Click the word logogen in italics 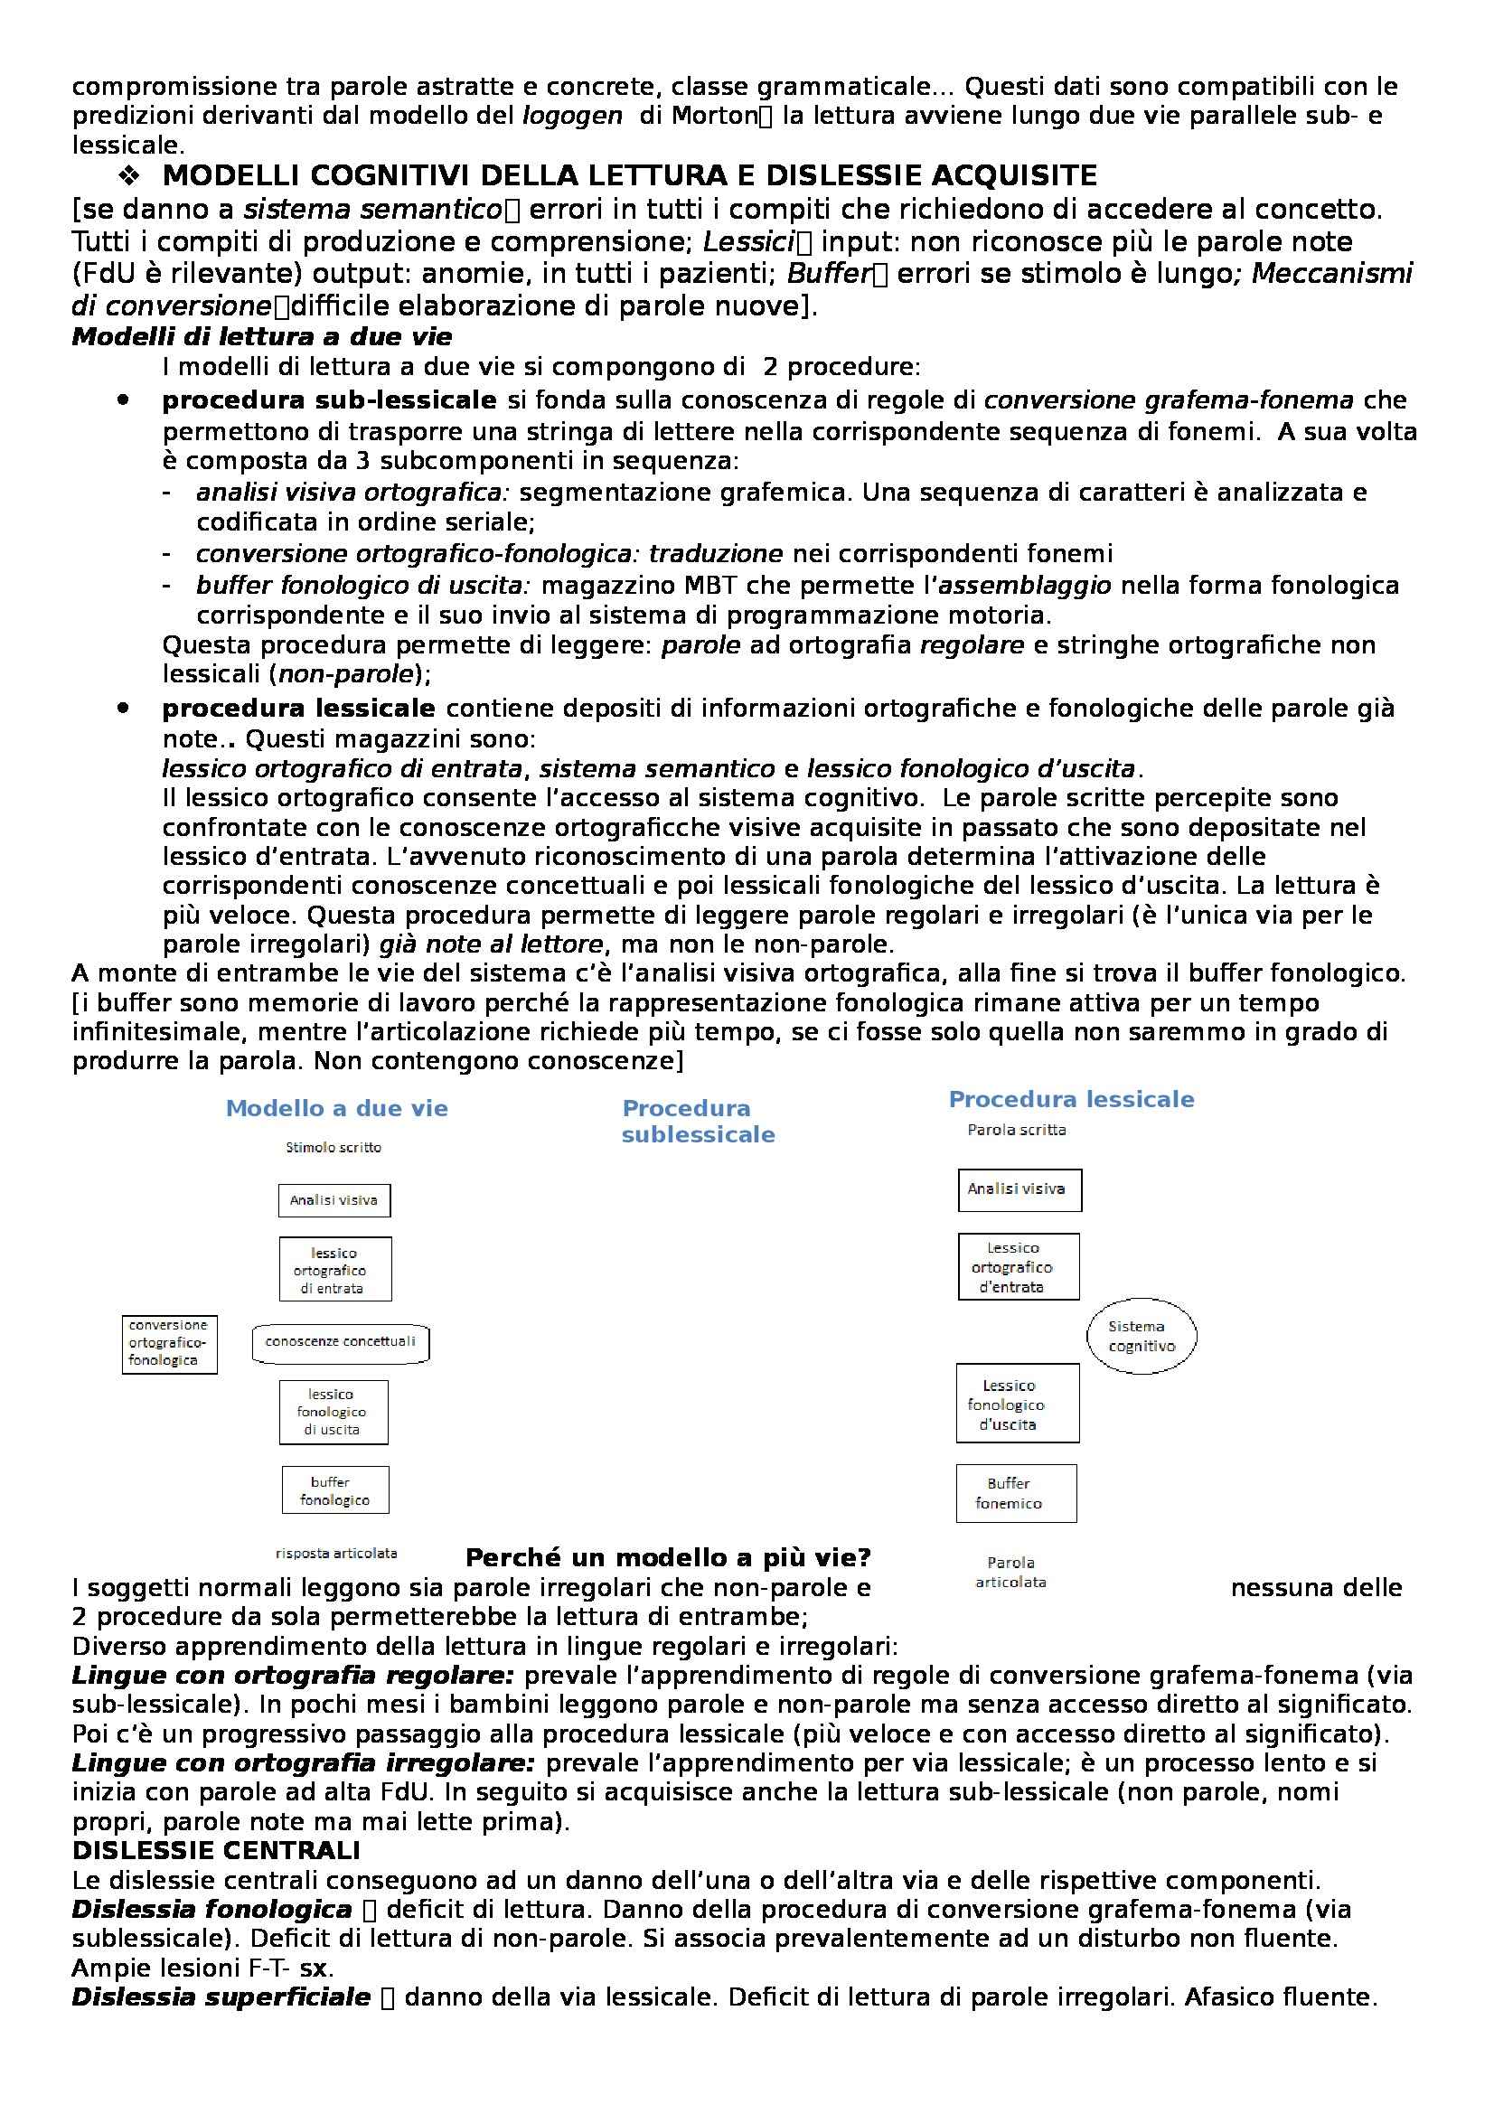[571, 115]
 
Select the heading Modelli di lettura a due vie [261, 336]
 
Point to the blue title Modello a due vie [337, 1109]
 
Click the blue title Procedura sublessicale [698, 1122]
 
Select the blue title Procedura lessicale [1072, 1099]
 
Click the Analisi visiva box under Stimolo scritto [334, 1200]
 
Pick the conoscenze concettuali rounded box [341, 1342]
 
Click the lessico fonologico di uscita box [334, 1412]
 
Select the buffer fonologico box [335, 1490]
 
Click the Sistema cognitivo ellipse [1142, 1336]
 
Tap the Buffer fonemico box [1015, 1493]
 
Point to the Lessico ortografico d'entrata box [1019, 1267]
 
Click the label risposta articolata [336, 1554]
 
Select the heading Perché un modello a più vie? [668, 1558]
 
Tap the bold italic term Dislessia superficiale [221, 1997]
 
